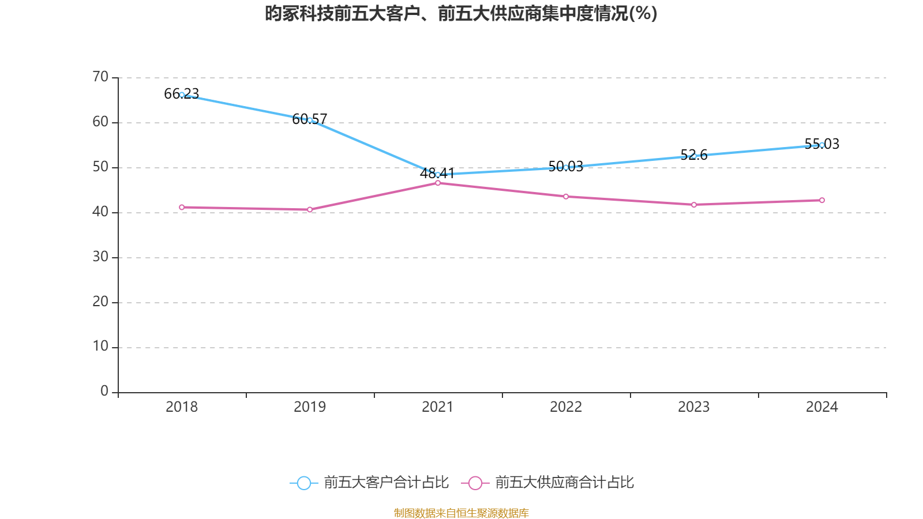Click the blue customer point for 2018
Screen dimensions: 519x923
click(182, 95)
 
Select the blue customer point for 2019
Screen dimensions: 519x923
click(310, 120)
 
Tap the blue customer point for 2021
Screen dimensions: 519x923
click(438, 175)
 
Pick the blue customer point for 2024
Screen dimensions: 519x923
click(822, 145)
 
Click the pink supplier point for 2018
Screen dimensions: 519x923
click(182, 207)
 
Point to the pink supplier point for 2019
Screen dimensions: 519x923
click(310, 210)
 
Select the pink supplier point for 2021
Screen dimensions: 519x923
click(438, 183)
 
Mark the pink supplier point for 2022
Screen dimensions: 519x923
click(566, 197)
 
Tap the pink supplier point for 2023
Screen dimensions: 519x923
click(694, 205)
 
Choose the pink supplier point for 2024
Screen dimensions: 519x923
click(822, 200)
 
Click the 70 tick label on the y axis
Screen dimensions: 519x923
click(100, 77)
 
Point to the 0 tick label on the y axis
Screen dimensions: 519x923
click(104, 392)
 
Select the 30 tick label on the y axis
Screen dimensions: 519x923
click(100, 257)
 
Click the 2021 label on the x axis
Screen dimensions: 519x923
click(438, 407)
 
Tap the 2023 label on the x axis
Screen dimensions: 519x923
click(694, 407)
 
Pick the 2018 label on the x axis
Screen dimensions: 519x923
click(182, 407)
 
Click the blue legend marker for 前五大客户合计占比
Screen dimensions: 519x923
click(303, 483)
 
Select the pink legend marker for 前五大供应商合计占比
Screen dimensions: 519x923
click(475, 483)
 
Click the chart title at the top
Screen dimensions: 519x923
click(461, 13)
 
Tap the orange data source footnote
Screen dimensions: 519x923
click(461, 513)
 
